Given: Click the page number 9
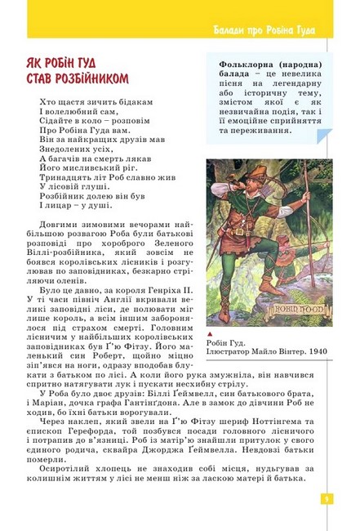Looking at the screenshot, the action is tap(325, 498).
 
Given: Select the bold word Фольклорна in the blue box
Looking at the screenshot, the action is tap(243, 65).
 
